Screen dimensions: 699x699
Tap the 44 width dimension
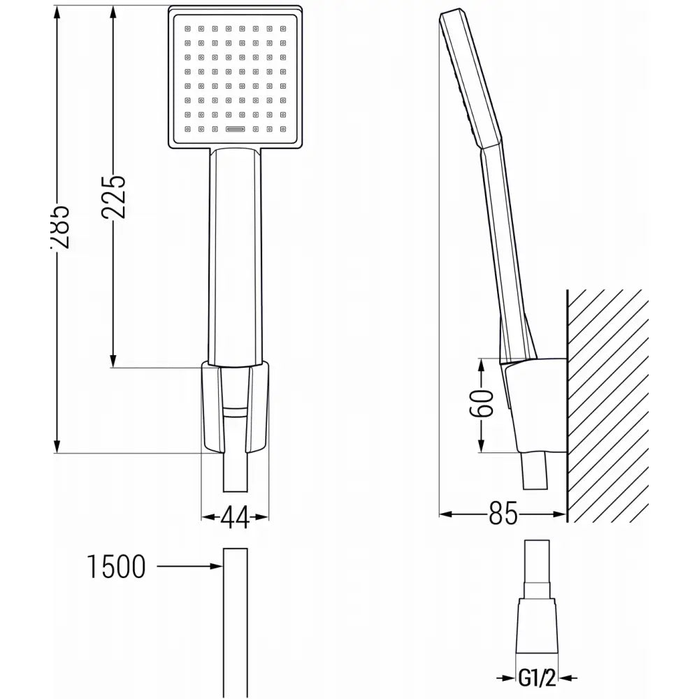coord(235,517)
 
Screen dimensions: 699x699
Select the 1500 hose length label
coord(117,566)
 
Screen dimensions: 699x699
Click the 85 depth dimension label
coord(503,515)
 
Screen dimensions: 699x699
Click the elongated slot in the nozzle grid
coord(235,129)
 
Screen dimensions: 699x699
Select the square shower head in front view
coord(235,77)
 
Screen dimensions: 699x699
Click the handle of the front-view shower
coord(235,252)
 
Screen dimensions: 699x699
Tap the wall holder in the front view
coord(235,405)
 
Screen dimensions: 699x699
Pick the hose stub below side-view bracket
coord(537,472)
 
